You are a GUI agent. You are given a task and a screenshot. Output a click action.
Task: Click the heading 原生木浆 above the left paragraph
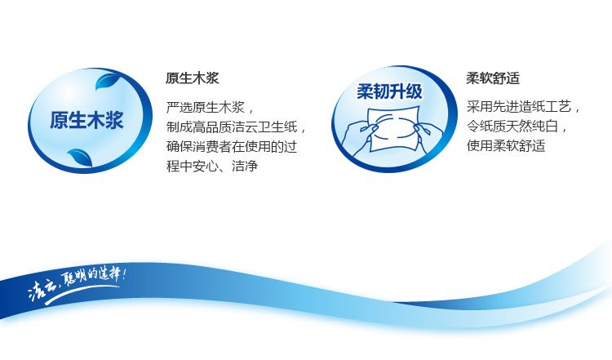[192, 78]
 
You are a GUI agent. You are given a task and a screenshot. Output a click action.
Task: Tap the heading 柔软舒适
[493, 78]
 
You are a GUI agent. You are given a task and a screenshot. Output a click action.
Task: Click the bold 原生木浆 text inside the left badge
[86, 120]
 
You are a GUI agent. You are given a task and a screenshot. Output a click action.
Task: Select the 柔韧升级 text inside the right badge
[389, 91]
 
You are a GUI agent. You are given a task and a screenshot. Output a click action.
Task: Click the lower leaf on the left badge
[81, 157]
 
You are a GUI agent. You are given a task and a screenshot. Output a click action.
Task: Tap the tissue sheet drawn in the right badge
[393, 128]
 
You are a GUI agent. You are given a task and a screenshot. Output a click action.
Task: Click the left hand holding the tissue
[359, 136]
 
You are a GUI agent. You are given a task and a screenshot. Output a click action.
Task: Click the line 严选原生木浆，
[211, 107]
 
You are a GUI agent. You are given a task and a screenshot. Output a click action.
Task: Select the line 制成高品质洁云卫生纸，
[237, 127]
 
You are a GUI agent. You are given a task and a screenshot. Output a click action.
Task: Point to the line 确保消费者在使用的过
[232, 146]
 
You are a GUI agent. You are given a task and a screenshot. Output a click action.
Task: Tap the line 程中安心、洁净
[212, 166]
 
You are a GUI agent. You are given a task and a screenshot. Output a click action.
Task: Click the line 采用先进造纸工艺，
[524, 106]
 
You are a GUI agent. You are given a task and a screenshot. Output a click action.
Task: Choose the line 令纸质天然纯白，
[517, 126]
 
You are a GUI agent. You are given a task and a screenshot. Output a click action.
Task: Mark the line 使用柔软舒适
[506, 145]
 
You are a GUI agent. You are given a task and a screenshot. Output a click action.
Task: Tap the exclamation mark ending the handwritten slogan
[124, 273]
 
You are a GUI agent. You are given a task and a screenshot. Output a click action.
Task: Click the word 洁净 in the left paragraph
[245, 166]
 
